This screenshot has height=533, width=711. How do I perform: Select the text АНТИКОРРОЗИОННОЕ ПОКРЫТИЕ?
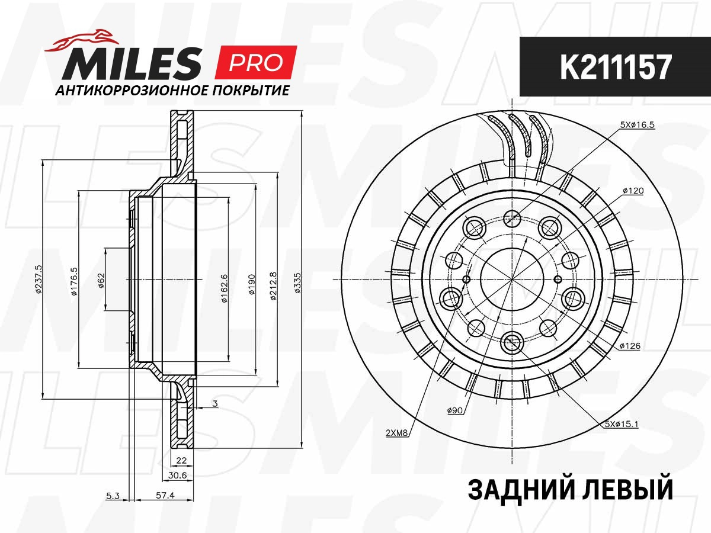coord(172,91)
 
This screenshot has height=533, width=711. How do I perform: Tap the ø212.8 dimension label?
coord(273,286)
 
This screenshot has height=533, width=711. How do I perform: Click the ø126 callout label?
coord(630,346)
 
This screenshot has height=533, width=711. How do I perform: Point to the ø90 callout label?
coord(455,410)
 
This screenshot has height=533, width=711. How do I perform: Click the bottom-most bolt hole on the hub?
coord(511,340)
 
